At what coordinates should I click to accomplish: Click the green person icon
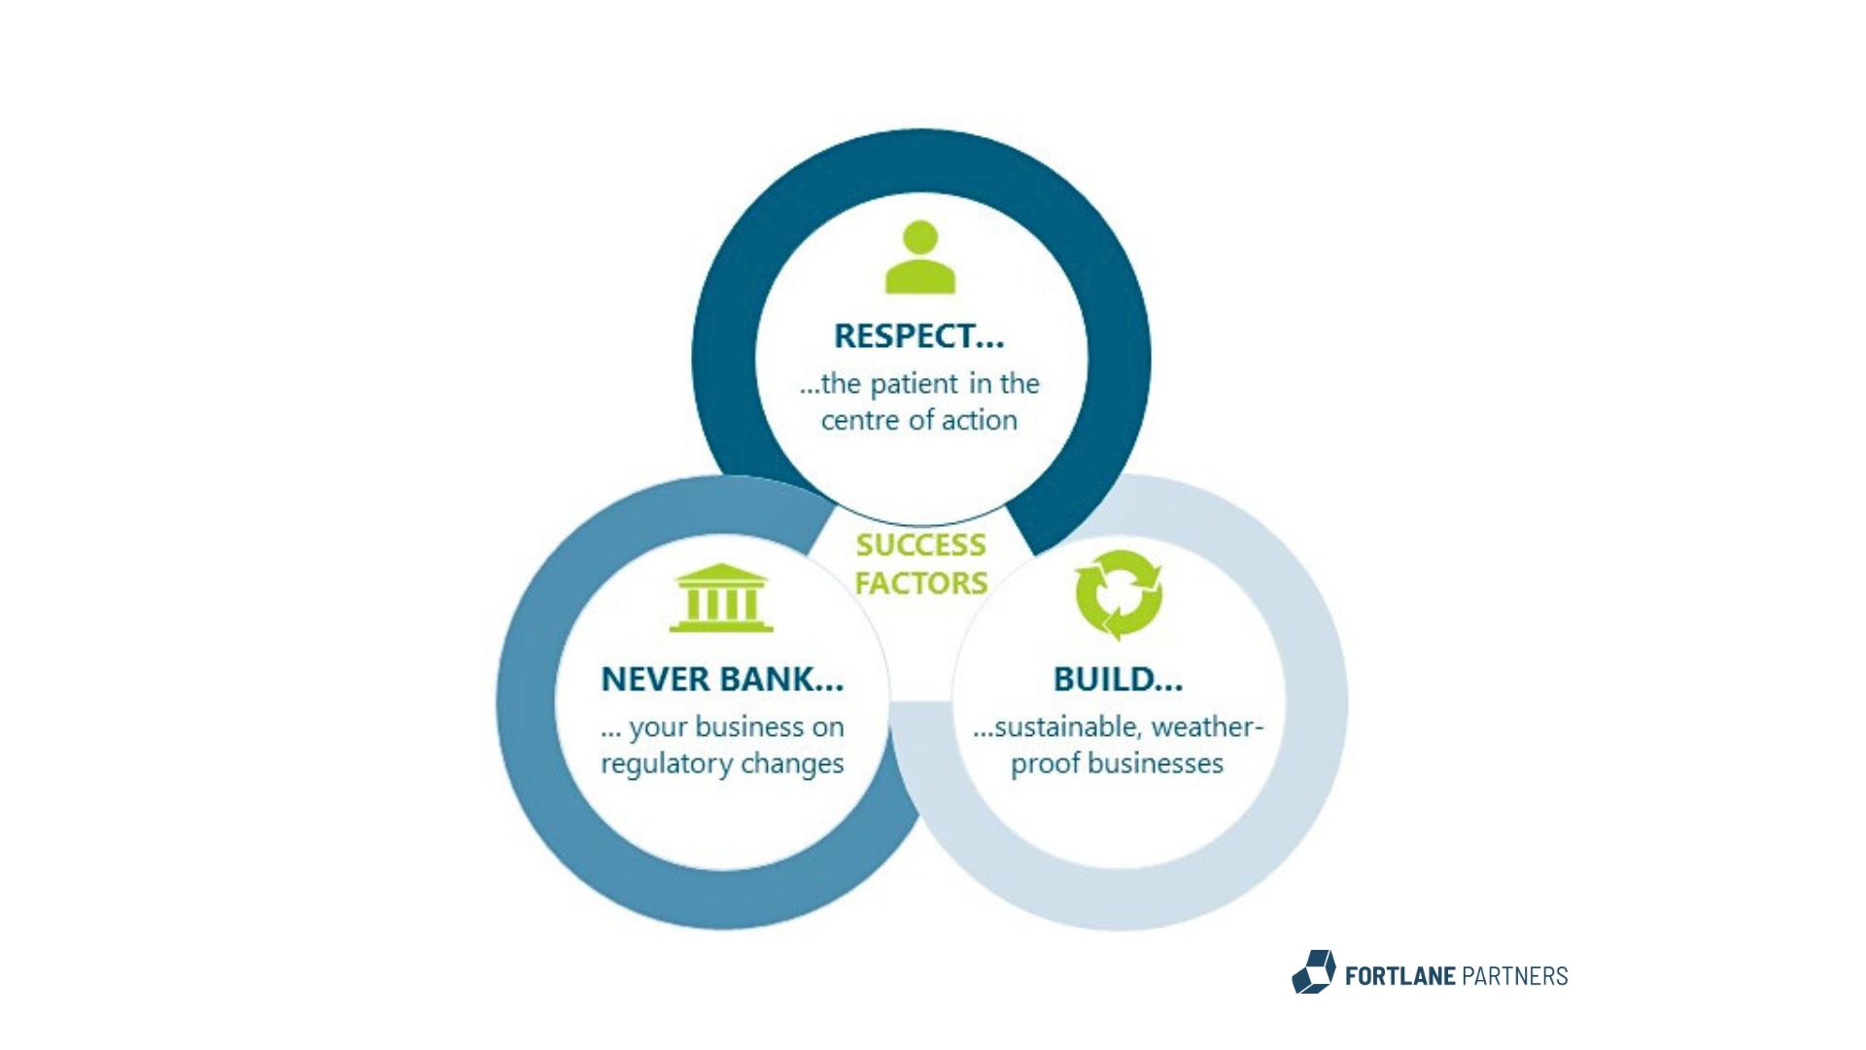(920, 257)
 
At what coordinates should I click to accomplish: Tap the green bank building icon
(721, 597)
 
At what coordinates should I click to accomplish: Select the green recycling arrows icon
(1119, 595)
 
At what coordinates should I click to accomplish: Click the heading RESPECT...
(918, 336)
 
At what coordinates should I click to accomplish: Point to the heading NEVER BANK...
(722, 680)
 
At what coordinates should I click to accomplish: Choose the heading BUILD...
(1118, 680)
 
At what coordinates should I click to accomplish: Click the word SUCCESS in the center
(920, 545)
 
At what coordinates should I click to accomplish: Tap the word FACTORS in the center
(920, 583)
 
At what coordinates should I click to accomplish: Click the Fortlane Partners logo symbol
(1314, 972)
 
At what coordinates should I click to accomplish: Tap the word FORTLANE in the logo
(1399, 976)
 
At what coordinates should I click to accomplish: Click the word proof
(1046, 764)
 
